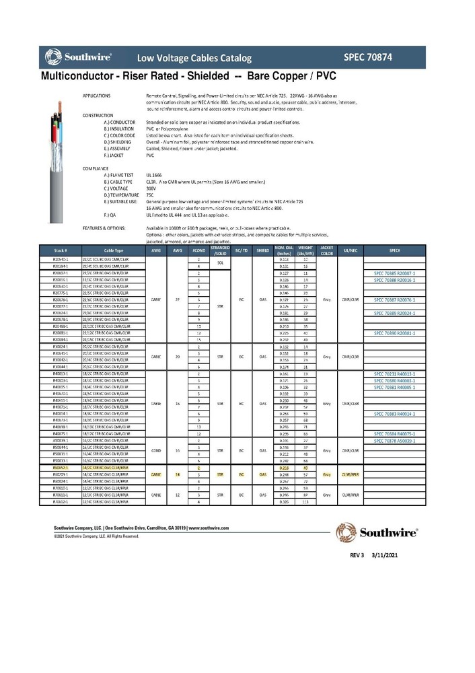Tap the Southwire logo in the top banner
78,57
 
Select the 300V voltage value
151,188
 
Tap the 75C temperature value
151,194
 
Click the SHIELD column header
262,250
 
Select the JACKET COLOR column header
327,250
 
